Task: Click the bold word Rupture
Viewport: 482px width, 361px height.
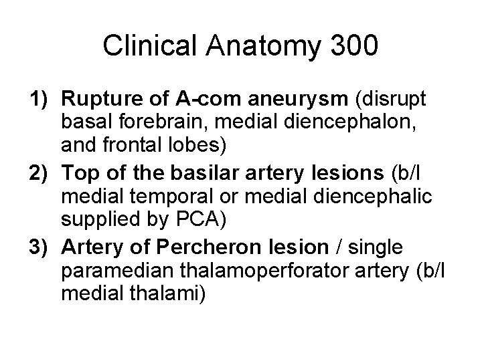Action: [96, 100]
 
